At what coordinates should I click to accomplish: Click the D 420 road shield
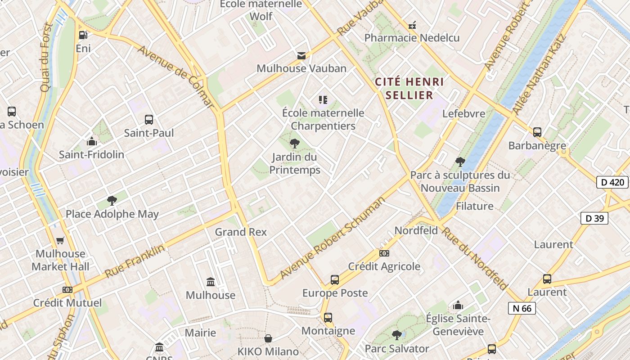coord(612,182)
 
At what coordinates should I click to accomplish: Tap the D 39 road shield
coord(594,218)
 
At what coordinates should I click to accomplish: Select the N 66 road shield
coord(522,308)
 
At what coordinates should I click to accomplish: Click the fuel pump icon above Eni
coord(83,35)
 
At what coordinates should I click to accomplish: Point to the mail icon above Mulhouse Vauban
coord(301,56)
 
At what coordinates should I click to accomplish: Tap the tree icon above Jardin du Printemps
coord(295,144)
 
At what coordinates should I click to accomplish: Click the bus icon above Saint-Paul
coord(149,120)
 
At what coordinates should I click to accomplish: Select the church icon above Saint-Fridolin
coord(92,141)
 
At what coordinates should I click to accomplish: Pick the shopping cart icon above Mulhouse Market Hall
coord(60,241)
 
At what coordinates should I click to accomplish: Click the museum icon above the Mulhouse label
coord(211,282)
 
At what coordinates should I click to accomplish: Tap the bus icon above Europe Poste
coord(335,280)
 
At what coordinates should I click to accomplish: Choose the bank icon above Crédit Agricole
coord(384,253)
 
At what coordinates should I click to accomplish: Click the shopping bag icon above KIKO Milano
coord(268,338)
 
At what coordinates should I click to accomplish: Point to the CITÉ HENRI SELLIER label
coord(409,89)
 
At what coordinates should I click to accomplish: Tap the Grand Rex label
coord(241,232)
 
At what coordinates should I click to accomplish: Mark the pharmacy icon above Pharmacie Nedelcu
coord(412,25)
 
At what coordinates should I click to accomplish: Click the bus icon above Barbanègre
coord(537,132)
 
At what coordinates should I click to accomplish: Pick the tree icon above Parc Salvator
coord(396,335)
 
